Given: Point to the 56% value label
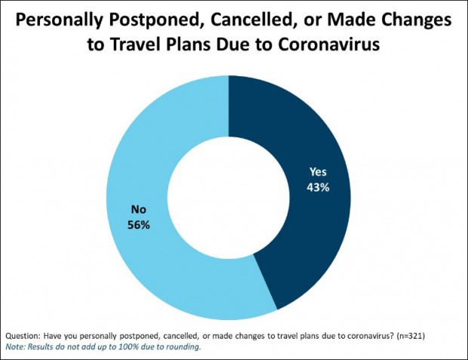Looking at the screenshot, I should point(139,225).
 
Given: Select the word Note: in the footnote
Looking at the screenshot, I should point(16,346).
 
